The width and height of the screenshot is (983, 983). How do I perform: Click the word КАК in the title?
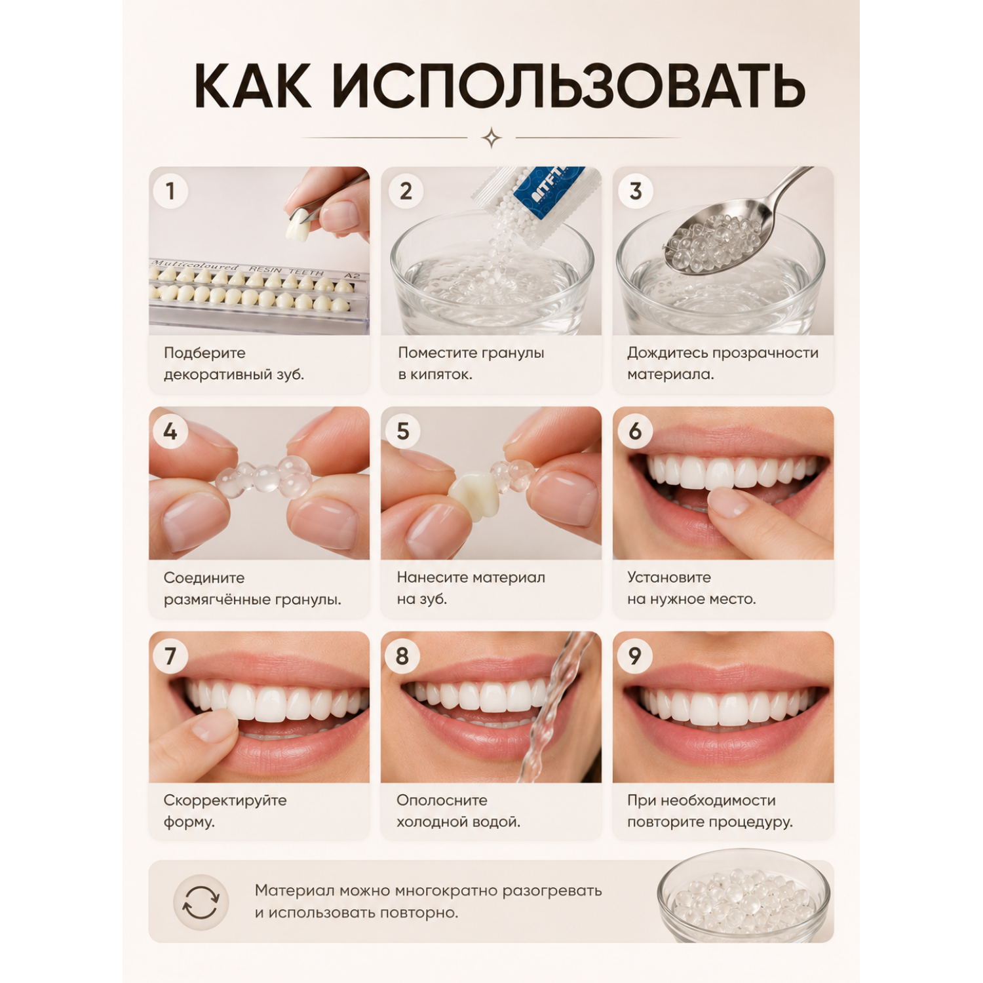coord(252,86)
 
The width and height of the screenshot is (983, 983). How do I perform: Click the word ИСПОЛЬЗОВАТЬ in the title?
coord(569,86)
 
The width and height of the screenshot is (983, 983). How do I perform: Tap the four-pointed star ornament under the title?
coord(491,138)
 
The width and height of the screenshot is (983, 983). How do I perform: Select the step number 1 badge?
coord(170,191)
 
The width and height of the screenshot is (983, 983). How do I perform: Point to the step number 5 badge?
coord(402,431)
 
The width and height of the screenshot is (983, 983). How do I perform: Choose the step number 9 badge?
coord(634,655)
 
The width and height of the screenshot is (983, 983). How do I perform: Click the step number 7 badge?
coord(170,655)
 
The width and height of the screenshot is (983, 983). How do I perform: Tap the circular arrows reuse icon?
coord(201,902)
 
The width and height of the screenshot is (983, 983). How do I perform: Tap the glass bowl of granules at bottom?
coord(744,896)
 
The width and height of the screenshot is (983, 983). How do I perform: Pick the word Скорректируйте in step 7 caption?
coord(225,800)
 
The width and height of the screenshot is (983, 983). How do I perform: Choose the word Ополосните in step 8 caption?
coord(442,800)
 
